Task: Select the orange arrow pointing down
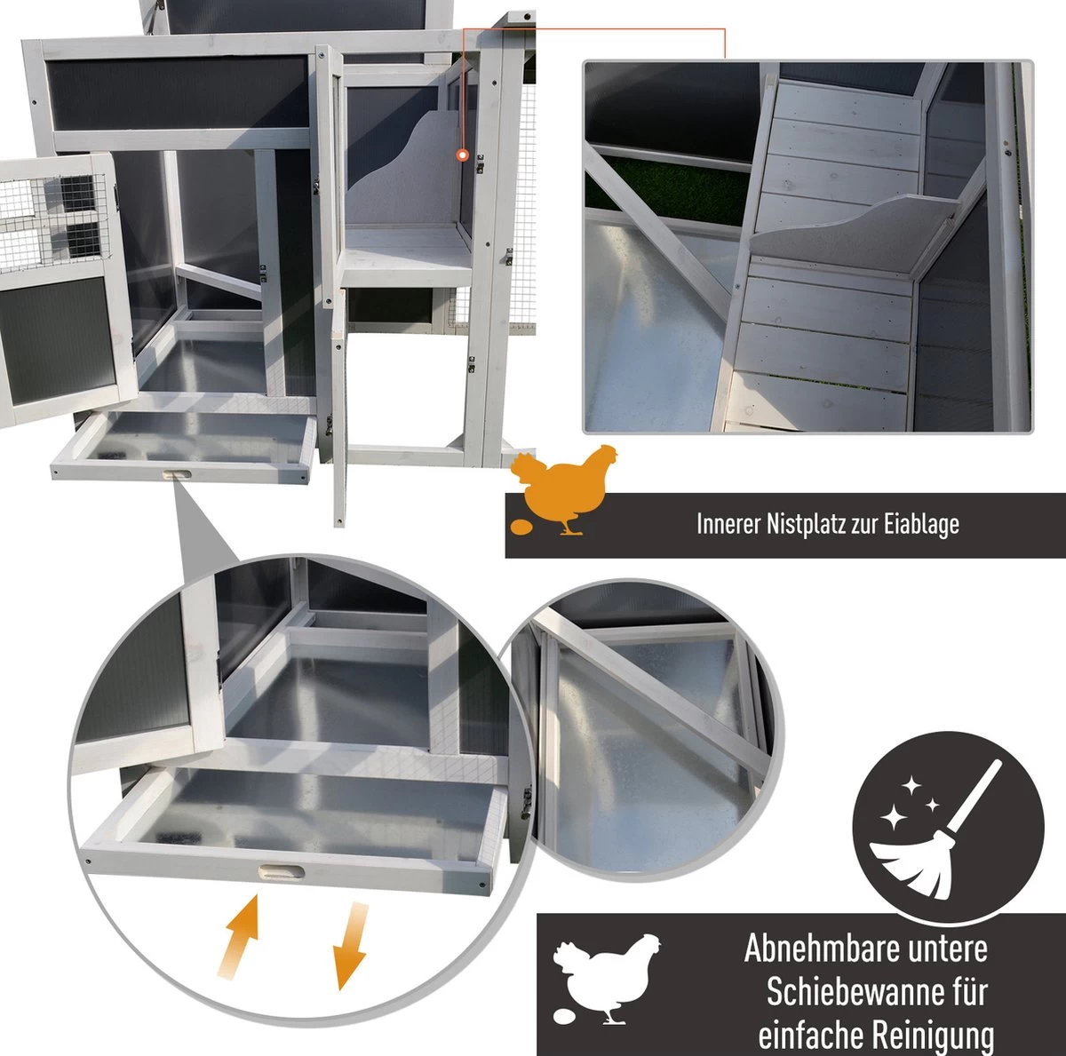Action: [x=350, y=945]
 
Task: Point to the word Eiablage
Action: [x=921, y=524]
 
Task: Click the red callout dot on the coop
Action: [x=463, y=155]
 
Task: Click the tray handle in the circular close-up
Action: [x=281, y=872]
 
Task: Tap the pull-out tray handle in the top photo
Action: [x=177, y=474]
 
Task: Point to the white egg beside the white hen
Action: [x=564, y=1016]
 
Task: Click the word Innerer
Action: [x=728, y=523]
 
